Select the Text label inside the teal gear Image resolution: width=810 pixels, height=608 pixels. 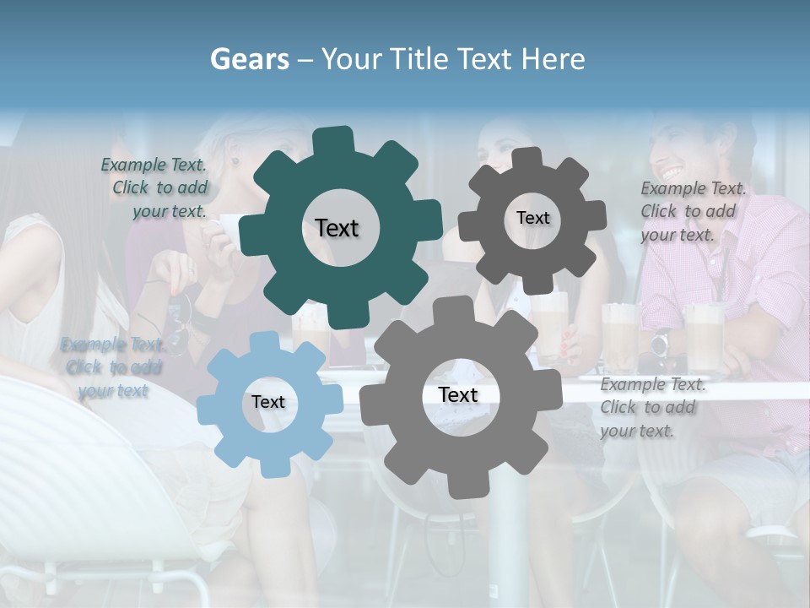[x=337, y=228]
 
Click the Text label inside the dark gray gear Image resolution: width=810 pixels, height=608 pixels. [x=532, y=218]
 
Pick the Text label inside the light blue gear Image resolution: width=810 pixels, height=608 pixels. [x=267, y=402]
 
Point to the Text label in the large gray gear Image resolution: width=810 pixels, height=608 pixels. [x=457, y=394]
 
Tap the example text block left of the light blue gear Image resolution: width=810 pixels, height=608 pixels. [x=112, y=367]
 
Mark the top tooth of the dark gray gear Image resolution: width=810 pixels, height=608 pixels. [x=526, y=159]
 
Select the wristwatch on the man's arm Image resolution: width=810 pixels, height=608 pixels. [x=660, y=342]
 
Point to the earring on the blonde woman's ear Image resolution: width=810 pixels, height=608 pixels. [x=235, y=160]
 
